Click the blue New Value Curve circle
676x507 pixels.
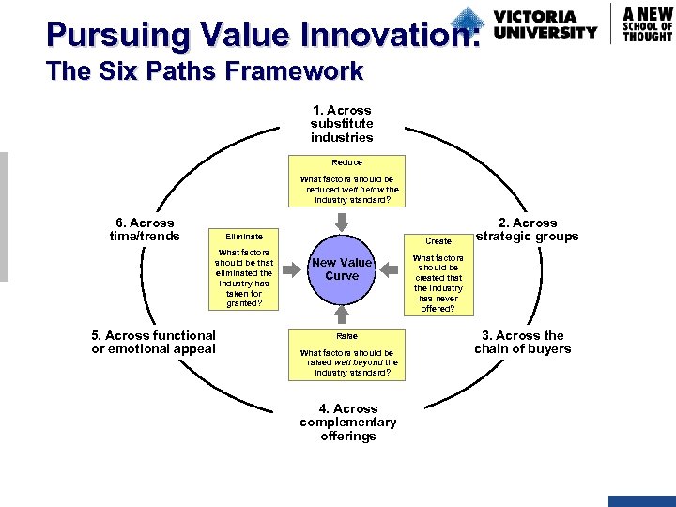[x=342, y=269]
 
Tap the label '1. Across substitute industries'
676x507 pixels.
[x=342, y=124]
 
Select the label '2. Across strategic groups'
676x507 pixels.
[x=527, y=230]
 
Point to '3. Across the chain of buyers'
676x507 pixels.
[x=522, y=342]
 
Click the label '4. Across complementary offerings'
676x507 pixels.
[x=347, y=422]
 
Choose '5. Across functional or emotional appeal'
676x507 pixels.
[x=153, y=342]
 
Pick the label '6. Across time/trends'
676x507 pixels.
[x=145, y=230]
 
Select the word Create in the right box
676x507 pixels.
[x=438, y=241]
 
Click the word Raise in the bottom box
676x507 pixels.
[x=346, y=335]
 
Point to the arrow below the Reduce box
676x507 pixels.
[x=342, y=222]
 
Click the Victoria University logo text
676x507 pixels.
[x=545, y=25]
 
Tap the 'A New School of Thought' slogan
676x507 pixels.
[x=648, y=23]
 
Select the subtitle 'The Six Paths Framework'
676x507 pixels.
[x=205, y=71]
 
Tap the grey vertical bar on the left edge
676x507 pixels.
[x=4, y=216]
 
